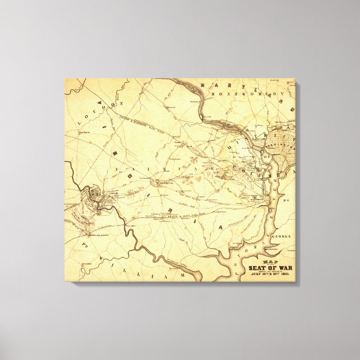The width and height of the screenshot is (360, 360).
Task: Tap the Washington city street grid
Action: [281, 144]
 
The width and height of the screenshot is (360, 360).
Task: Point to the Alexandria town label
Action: [256, 198]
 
